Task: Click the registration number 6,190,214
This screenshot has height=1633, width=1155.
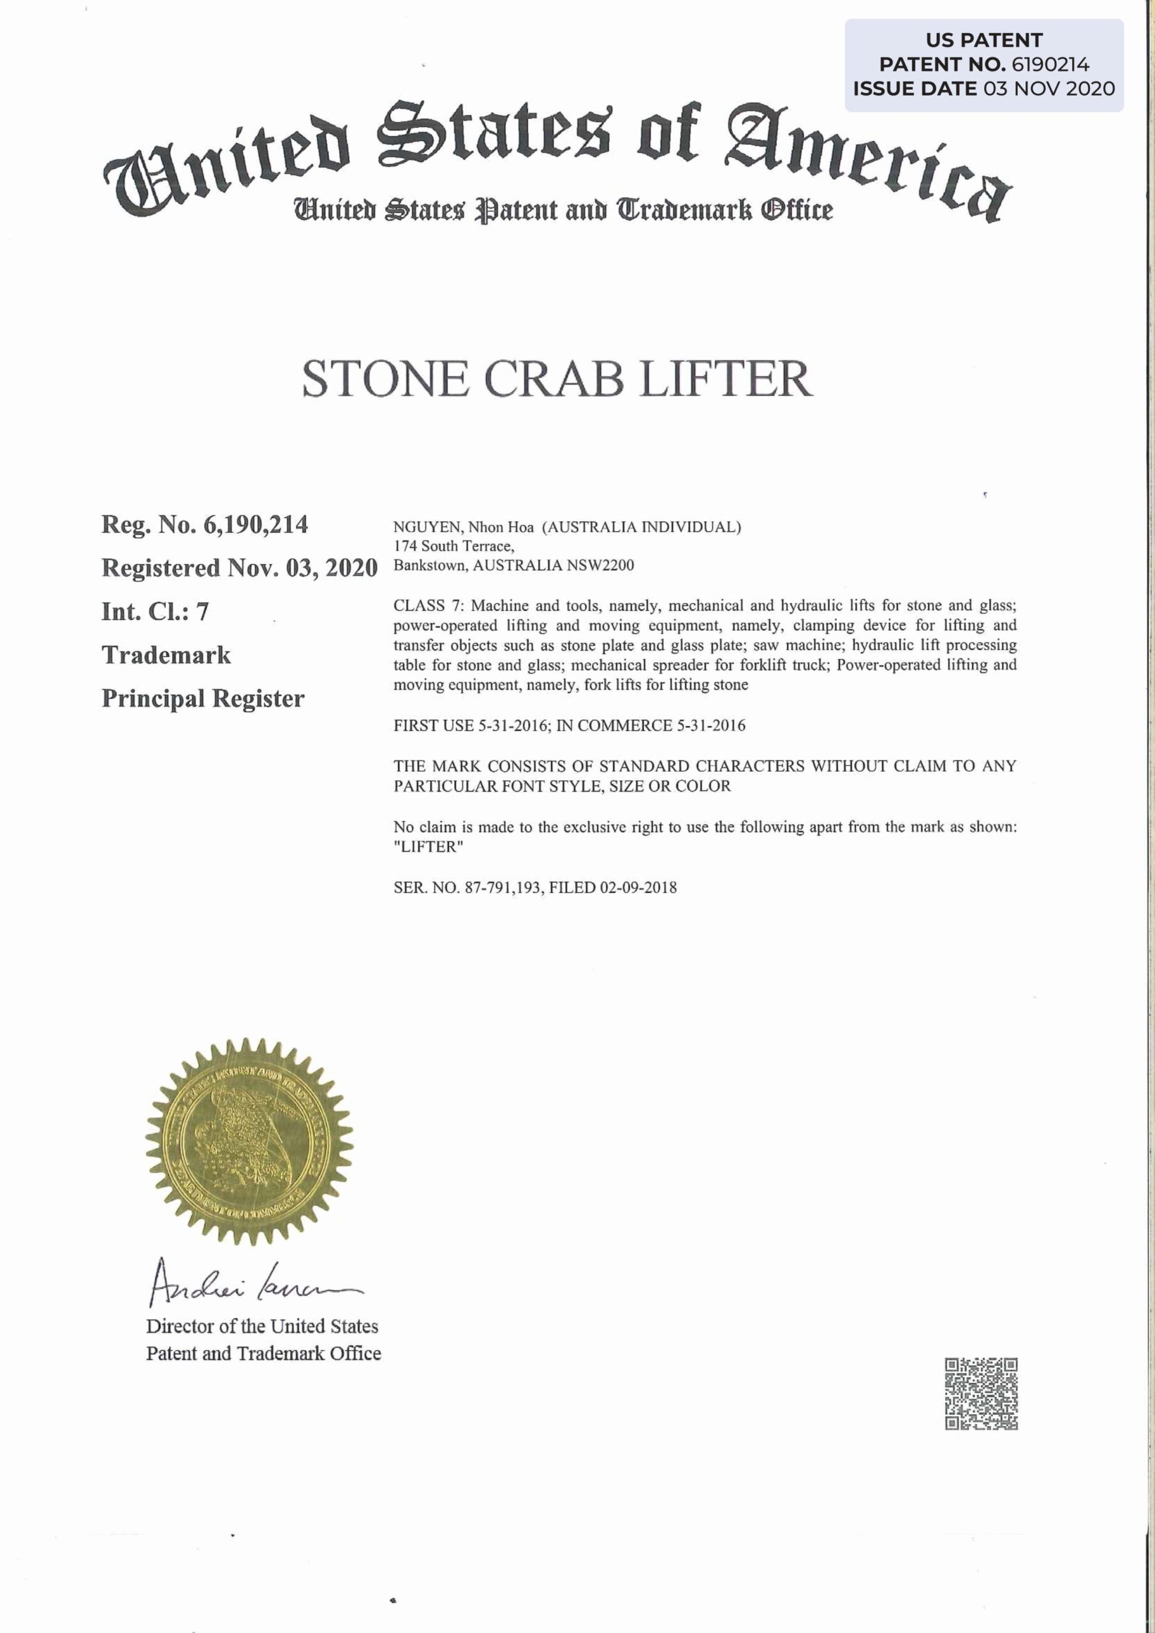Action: click(x=256, y=525)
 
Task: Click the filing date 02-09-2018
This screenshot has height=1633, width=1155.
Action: click(x=638, y=887)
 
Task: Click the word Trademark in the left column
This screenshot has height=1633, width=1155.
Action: click(x=166, y=655)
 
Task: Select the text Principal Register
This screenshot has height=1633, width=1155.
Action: click(x=203, y=698)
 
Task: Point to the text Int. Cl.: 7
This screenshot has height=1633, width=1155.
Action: click(x=155, y=612)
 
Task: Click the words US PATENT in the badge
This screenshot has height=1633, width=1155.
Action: click(x=983, y=40)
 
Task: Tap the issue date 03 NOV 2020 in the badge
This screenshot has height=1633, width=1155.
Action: click(x=1049, y=89)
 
